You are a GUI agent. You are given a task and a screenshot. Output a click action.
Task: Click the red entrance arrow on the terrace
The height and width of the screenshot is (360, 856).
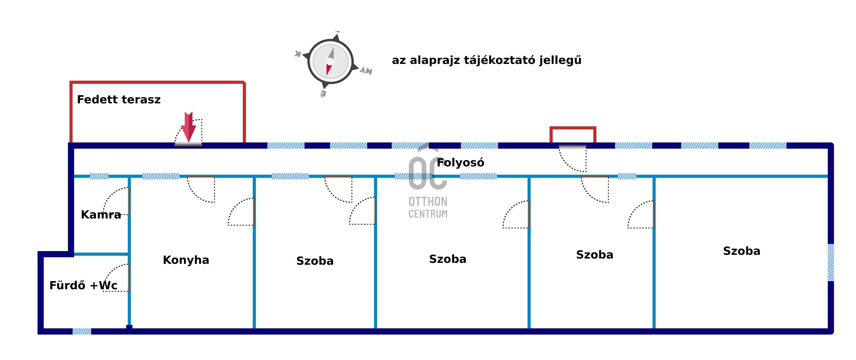click(189, 127)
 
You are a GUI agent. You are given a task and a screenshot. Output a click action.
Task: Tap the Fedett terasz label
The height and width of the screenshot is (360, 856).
click(118, 99)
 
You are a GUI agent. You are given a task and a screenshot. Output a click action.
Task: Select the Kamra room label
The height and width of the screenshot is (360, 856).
click(101, 214)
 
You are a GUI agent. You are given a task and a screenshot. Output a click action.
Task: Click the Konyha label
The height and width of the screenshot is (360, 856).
click(186, 260)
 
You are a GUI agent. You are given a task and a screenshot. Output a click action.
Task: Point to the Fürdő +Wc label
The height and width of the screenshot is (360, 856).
click(83, 285)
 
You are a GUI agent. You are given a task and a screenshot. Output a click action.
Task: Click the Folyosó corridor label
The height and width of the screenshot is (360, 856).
click(460, 163)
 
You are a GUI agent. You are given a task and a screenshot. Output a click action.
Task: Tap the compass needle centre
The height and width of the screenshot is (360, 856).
click(330, 61)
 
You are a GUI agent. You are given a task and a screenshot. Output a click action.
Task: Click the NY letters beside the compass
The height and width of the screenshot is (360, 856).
click(366, 71)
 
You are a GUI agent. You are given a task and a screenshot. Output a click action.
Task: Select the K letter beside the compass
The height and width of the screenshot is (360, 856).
click(298, 54)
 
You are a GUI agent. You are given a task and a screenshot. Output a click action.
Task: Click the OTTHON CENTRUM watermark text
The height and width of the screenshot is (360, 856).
click(428, 207)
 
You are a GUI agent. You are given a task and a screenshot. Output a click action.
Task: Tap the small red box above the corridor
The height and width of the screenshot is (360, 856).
click(573, 135)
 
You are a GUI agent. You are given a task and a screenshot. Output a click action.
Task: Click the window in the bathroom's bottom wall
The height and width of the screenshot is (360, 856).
click(82, 331)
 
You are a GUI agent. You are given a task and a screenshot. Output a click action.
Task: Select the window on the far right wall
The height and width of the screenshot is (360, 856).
click(831, 263)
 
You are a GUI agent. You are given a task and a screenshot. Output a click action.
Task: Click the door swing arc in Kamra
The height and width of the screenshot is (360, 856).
click(116, 201)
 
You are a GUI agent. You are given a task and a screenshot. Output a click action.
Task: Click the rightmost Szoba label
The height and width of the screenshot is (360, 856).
click(742, 251)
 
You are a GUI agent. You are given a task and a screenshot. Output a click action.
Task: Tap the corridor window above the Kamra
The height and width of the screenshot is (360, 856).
click(99, 176)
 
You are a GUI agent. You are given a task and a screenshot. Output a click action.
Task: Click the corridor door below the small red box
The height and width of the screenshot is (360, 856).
click(572, 159)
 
